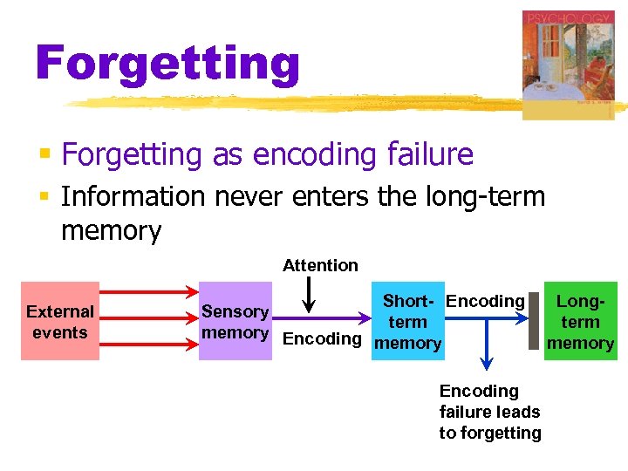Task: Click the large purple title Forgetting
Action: (x=167, y=63)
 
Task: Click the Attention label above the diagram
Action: (x=320, y=265)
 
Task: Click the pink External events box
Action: (x=59, y=321)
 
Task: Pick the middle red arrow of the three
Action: (x=148, y=321)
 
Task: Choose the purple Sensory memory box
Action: (x=235, y=321)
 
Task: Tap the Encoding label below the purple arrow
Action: (x=322, y=339)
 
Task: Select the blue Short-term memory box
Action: (x=407, y=322)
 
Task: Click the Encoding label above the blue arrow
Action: (x=485, y=302)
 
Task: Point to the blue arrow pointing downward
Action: (x=486, y=349)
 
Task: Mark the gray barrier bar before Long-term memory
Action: (x=534, y=321)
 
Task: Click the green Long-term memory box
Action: (x=580, y=321)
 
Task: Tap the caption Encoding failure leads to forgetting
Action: (x=489, y=412)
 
